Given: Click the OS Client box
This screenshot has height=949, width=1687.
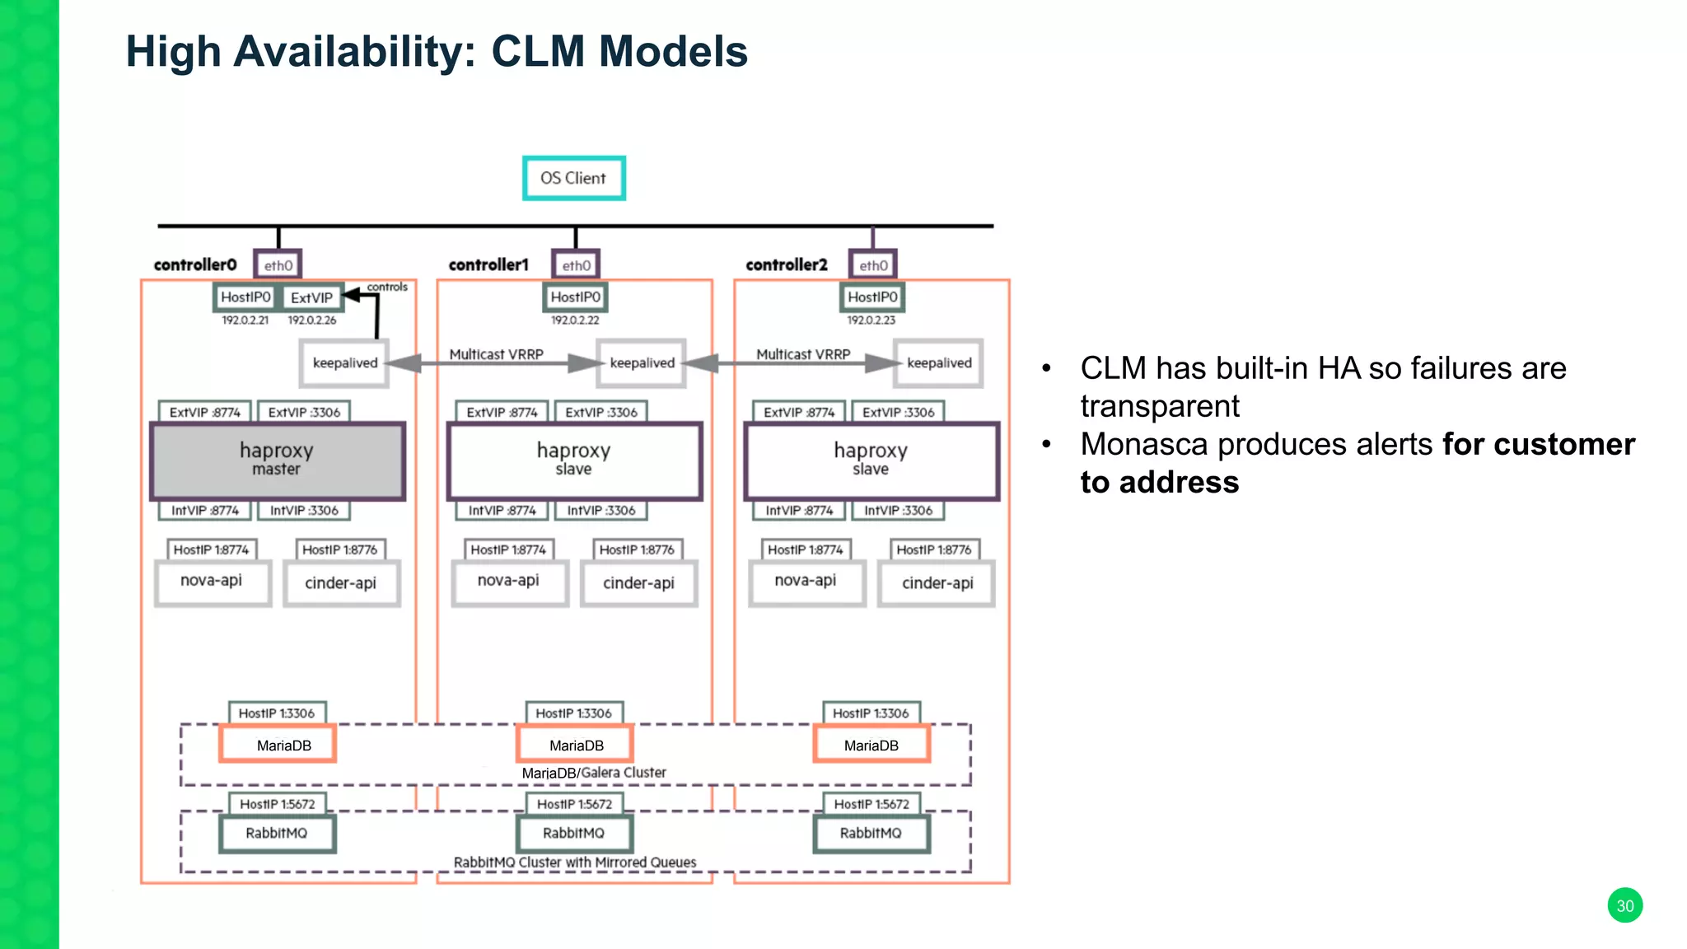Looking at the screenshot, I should pos(573,178).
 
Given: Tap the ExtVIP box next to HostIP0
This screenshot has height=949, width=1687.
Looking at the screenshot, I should pos(312,297).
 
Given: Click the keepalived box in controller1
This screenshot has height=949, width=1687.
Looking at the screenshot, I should pos(642,362).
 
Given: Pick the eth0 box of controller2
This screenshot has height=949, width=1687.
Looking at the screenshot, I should pos(873,265).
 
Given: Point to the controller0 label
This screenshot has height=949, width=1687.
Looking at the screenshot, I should pos(195,264).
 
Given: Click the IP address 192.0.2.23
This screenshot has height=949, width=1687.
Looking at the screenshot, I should pos(872,320).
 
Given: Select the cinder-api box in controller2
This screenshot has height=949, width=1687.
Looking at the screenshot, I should pos(937,583).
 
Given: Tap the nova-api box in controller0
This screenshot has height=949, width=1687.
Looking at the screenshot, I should pos(212,582).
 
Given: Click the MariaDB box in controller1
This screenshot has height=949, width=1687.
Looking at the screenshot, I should pos(575,745).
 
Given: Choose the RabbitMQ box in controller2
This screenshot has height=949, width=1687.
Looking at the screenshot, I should pos(871,833).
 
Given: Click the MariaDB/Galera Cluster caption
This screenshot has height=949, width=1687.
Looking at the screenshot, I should pos(594,773).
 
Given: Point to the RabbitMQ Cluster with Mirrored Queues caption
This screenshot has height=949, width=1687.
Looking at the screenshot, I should pos(575,862).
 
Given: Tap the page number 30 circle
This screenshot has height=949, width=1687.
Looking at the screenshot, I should pos(1624,905).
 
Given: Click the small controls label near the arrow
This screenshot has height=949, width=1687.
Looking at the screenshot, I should pos(387,287).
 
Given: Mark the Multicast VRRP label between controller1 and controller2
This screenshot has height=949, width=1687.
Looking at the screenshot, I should pos(803,354).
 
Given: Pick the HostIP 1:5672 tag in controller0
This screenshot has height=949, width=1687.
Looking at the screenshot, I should pos(277,804).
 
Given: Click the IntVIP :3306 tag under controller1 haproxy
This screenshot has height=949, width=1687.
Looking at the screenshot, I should pos(600,510).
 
